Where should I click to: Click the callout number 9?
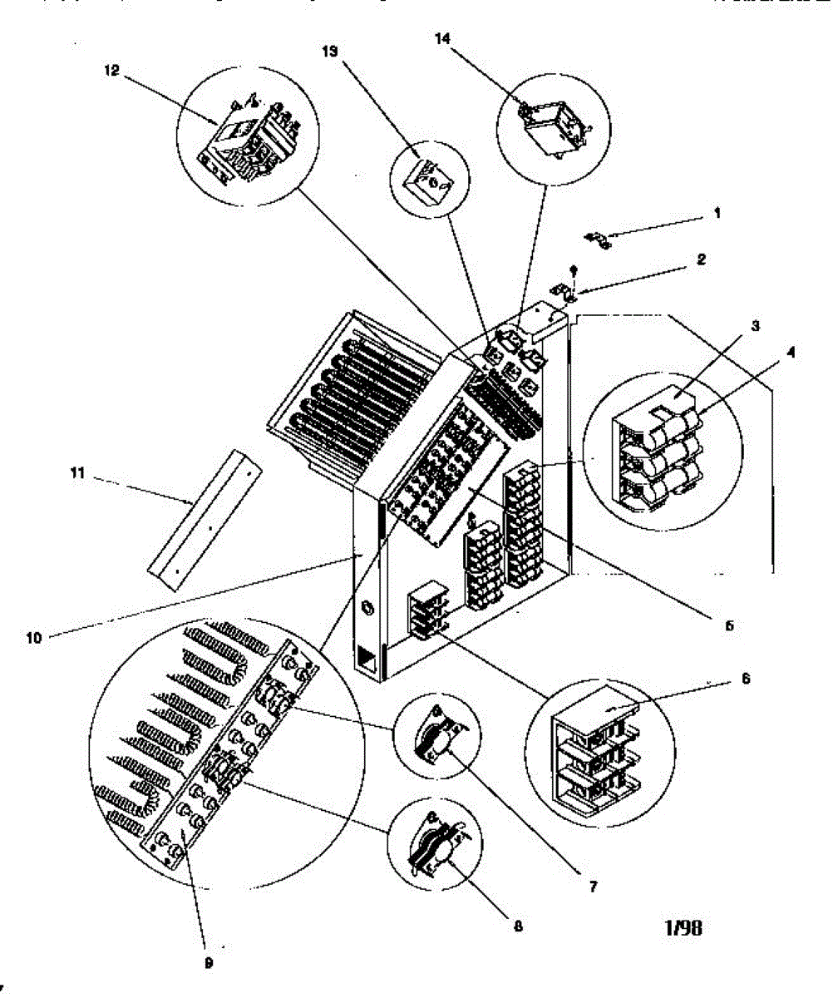coord(209,963)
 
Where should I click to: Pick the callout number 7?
coord(594,887)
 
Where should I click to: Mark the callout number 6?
coord(746,679)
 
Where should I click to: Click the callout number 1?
coord(717,212)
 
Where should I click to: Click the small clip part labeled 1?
coord(599,241)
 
